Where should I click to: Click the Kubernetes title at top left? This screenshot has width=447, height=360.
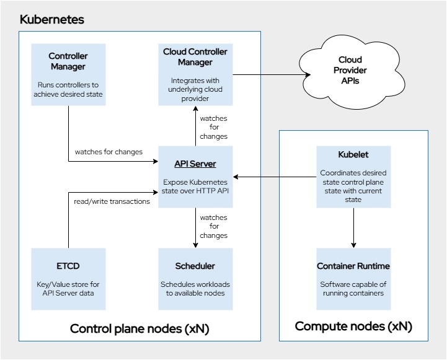[x=52, y=19]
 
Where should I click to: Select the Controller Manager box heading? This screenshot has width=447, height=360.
[x=68, y=61]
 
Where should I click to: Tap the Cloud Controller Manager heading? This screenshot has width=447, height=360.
[x=195, y=57]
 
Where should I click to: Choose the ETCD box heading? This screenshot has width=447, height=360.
[x=68, y=266]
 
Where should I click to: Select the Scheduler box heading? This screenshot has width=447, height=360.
[x=195, y=266]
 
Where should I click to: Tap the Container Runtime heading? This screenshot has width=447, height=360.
[x=353, y=266]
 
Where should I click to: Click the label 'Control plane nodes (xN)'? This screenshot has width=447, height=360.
[x=139, y=328]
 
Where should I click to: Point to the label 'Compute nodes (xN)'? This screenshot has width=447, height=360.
[x=353, y=326]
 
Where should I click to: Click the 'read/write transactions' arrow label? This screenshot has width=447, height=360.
[x=112, y=201]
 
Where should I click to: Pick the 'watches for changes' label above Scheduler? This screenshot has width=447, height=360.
[x=213, y=227]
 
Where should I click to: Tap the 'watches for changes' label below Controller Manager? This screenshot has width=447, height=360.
[x=108, y=152]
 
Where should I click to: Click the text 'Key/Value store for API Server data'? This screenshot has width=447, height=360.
[x=68, y=289]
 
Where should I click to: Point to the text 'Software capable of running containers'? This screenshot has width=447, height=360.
[x=353, y=289]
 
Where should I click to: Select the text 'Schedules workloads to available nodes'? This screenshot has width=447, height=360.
[x=195, y=289]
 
